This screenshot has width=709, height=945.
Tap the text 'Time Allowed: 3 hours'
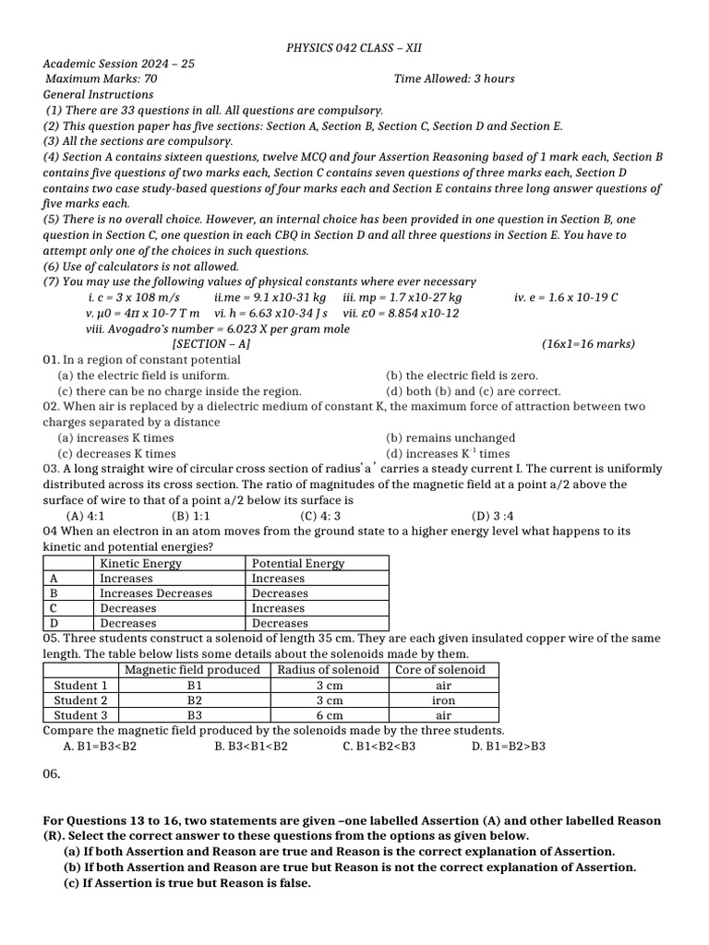454,79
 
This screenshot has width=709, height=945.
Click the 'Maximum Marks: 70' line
101,79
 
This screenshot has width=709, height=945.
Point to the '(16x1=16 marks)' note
588,344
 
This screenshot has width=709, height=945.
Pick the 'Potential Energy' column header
298,563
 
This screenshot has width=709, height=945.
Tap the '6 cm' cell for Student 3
330,715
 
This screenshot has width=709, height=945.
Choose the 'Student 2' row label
80,700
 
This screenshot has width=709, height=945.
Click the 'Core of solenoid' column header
439,670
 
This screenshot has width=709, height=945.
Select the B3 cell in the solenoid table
194,715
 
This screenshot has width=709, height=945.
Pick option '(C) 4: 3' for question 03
320,516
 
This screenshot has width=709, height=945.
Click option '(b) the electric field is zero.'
461,376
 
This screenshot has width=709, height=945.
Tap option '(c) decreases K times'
116,454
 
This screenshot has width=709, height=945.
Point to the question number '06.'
52,774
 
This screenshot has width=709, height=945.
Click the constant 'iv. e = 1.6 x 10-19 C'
566,298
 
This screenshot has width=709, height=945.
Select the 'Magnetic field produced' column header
192,670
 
